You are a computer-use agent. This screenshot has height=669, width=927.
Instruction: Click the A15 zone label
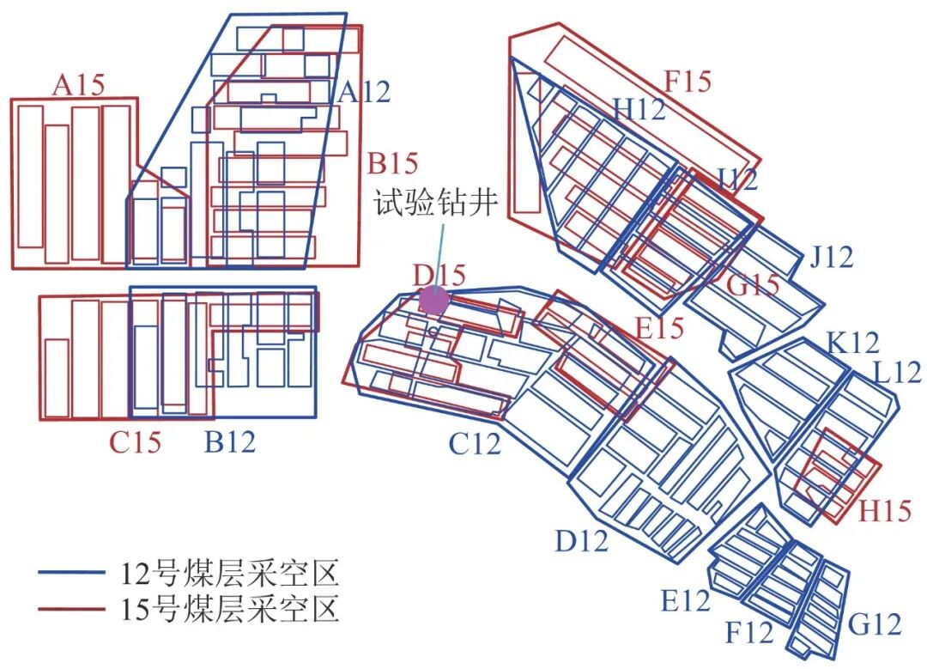pyautogui.click(x=79, y=85)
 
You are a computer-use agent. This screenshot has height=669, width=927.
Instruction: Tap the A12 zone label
pyautogui.click(x=363, y=92)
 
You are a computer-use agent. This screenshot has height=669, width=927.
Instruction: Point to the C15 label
pyautogui.click(x=135, y=442)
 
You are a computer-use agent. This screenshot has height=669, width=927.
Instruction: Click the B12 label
pyautogui.click(x=229, y=442)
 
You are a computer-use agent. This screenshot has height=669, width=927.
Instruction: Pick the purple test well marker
pyautogui.click(x=433, y=301)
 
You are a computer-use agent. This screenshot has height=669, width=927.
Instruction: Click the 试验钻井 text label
pyautogui.click(x=435, y=204)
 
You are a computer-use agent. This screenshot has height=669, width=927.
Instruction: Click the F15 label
pyautogui.click(x=688, y=82)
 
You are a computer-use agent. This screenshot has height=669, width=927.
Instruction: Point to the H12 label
pyautogui.click(x=639, y=108)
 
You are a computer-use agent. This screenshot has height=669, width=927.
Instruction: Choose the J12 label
pyautogui.click(x=831, y=256)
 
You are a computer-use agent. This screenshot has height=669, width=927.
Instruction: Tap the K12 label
pyautogui.click(x=853, y=344)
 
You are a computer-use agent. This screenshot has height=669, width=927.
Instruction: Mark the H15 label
pyautogui.click(x=885, y=512)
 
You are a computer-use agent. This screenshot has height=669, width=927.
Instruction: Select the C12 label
pyautogui.click(x=475, y=444)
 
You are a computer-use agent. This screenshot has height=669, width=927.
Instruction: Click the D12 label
pyautogui.click(x=581, y=541)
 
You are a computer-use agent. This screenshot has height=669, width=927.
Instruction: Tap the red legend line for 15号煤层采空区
pyautogui.click(x=72, y=610)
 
